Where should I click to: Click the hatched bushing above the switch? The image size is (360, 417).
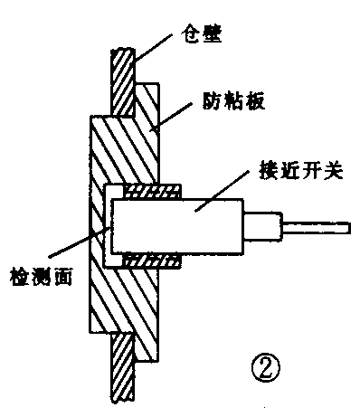coord(154,190)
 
